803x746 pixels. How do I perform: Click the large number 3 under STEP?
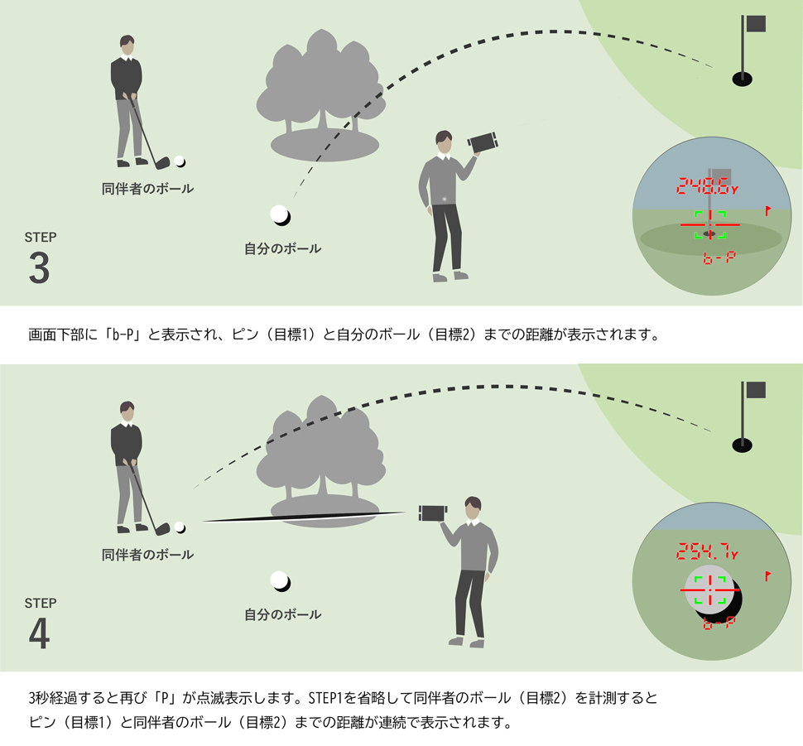coord(39,267)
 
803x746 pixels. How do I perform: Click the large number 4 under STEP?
coord(40,634)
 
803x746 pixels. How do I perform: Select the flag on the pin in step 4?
coord(755,391)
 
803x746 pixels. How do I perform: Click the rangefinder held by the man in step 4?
coord(432,513)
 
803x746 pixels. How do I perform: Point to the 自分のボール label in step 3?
coord(282,248)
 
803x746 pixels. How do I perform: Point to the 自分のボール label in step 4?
coord(282,614)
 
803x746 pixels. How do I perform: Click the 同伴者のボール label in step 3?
coord(147,189)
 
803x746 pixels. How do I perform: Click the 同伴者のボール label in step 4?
coord(147,554)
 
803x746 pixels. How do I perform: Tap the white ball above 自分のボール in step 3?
coord(280,214)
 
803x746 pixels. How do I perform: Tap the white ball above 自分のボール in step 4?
coord(280,581)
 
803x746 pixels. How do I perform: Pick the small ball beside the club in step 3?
coord(179,162)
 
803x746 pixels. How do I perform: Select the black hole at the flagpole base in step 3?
coord(742,79)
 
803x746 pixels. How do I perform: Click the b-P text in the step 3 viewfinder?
coord(717,258)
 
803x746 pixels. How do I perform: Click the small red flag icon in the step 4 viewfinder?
coord(769,574)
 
